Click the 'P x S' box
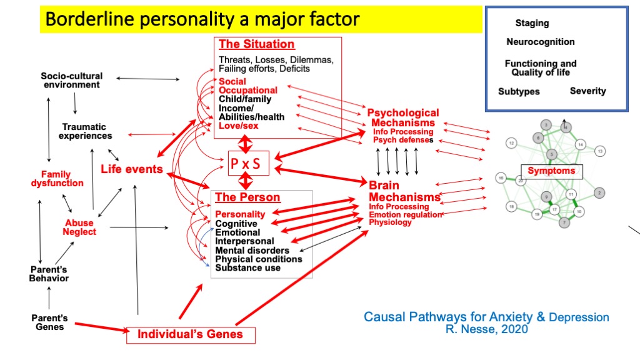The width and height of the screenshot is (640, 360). pyautogui.click(x=246, y=164)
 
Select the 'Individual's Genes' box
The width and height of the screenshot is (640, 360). pyautogui.click(x=189, y=334)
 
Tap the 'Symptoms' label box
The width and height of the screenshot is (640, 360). pyautogui.click(x=551, y=171)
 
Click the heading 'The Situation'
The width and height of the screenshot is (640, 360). pyautogui.click(x=256, y=44)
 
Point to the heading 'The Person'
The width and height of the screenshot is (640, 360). pyautogui.click(x=247, y=197)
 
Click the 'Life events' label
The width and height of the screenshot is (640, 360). pyautogui.click(x=131, y=169)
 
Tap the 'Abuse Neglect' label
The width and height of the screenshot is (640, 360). pyautogui.click(x=79, y=227)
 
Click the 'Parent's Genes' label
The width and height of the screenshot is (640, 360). pyautogui.click(x=49, y=322)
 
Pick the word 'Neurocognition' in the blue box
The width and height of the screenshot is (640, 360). pyautogui.click(x=541, y=42)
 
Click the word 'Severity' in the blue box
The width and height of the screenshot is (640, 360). pyautogui.click(x=587, y=91)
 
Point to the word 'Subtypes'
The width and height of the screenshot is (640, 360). pyautogui.click(x=519, y=92)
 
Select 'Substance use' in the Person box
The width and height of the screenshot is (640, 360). pyautogui.click(x=247, y=268)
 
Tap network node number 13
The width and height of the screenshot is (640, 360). pyautogui.click(x=600, y=151)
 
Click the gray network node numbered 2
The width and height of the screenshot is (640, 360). pyautogui.click(x=599, y=192)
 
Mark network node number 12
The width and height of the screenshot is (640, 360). pyautogui.click(x=511, y=144)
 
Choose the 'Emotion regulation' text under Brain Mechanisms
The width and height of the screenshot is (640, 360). pyautogui.click(x=404, y=214)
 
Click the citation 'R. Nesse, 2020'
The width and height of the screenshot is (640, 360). pyautogui.click(x=486, y=329)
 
